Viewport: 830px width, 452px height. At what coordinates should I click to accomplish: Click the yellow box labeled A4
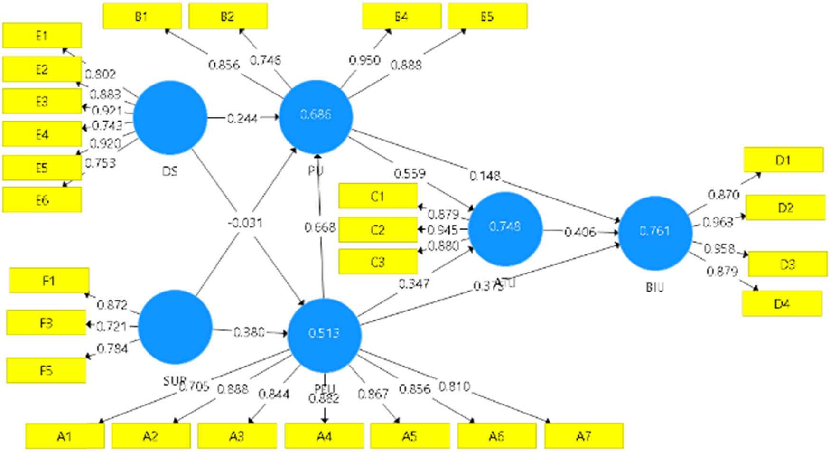click(x=324, y=435)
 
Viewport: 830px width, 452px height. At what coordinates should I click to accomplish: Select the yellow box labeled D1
click(x=783, y=160)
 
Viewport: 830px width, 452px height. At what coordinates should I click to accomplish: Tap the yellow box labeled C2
click(x=378, y=230)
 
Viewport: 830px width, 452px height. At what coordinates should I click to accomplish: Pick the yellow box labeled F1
click(x=49, y=281)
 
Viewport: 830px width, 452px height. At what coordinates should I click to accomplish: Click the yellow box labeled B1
click(x=142, y=17)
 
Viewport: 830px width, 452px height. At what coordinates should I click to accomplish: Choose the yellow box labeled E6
click(x=42, y=199)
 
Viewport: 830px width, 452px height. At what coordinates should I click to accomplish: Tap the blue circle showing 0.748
click(x=505, y=228)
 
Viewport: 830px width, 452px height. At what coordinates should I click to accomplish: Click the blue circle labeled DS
click(x=170, y=118)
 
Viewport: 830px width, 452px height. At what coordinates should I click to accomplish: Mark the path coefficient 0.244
click(x=242, y=118)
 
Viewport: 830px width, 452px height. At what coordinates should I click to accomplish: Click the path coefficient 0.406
click(x=580, y=232)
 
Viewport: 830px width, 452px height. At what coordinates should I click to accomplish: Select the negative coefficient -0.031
click(x=245, y=223)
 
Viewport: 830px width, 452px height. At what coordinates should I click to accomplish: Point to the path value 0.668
click(x=320, y=227)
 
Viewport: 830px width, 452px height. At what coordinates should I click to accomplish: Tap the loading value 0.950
click(x=364, y=60)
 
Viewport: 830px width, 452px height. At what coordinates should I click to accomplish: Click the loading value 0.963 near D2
click(x=718, y=222)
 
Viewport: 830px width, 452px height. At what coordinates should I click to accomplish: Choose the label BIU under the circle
click(x=655, y=287)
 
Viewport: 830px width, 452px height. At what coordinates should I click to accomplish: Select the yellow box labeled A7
click(x=583, y=435)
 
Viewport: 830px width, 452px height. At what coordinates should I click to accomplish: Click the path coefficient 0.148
click(x=485, y=176)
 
